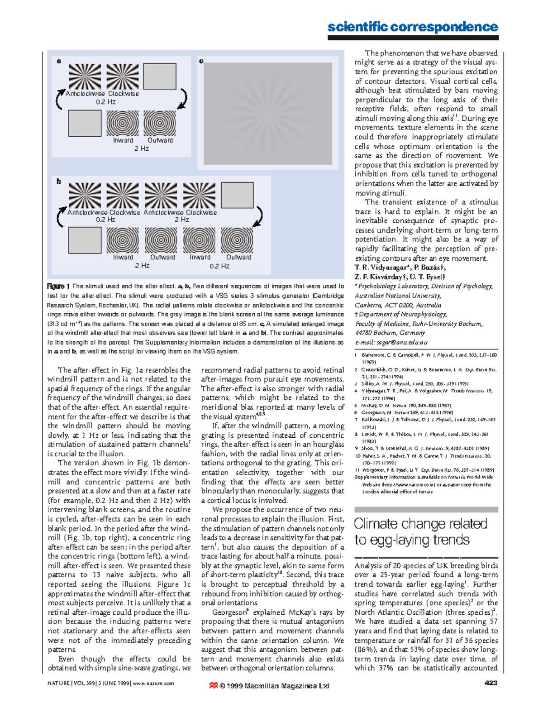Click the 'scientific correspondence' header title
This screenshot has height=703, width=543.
(412, 27)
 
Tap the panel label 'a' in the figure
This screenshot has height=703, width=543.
(59, 61)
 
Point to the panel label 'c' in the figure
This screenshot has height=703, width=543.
(201, 61)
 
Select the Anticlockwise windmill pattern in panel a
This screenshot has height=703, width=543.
(85, 77)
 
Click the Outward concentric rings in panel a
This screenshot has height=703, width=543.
(160, 123)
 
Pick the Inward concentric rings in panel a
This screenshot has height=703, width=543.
(123, 123)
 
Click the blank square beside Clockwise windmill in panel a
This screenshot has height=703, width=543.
(160, 77)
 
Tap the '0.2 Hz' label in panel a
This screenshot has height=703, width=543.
(105, 102)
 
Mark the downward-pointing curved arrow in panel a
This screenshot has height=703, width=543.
(182, 99)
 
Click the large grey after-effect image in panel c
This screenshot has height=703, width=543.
(267, 113)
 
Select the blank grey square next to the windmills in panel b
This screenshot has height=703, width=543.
(237, 195)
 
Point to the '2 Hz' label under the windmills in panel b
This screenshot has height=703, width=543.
(182, 220)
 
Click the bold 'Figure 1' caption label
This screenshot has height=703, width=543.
(58, 287)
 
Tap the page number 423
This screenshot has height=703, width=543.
(491, 683)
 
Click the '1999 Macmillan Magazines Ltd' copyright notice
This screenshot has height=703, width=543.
(274, 686)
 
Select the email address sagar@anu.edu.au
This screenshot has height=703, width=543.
(391, 343)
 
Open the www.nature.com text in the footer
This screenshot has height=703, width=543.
(153, 683)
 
